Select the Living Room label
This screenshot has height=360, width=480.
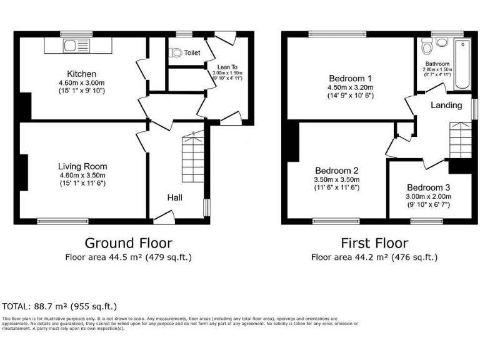pyautogui.click(x=82, y=166)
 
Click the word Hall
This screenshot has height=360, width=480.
pyautogui.click(x=174, y=197)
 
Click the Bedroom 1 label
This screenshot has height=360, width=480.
pyautogui.click(x=351, y=78)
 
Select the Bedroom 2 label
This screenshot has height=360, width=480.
pyautogui.click(x=337, y=171)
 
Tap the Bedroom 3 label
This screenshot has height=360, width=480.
pyautogui.click(x=428, y=187)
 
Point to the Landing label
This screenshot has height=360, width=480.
pyautogui.click(x=446, y=105)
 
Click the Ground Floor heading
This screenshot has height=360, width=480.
pyautogui.click(x=128, y=243)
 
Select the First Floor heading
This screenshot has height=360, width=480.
pyautogui.click(x=374, y=243)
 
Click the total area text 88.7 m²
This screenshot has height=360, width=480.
pyautogui.click(x=59, y=306)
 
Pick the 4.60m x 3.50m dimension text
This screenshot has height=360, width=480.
pyautogui.click(x=82, y=175)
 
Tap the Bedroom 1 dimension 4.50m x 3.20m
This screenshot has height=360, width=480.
pyautogui.click(x=351, y=87)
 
